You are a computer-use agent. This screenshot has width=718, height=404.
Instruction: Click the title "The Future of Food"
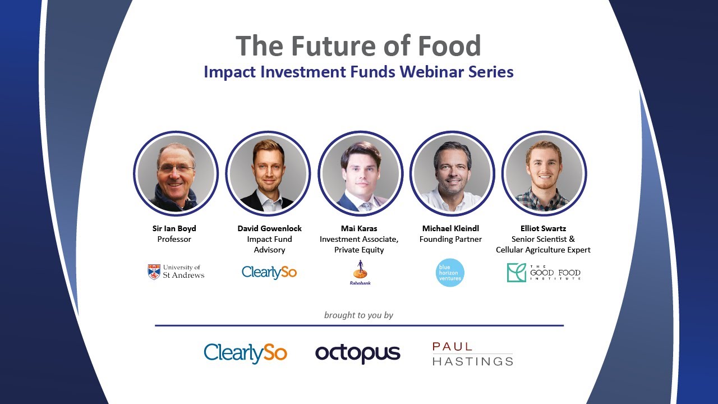(x=358, y=46)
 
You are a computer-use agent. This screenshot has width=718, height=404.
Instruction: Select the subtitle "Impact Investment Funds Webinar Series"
(x=358, y=72)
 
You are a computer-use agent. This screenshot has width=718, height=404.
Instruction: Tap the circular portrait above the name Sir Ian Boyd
(x=176, y=173)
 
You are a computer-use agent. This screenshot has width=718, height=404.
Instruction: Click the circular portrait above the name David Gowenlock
(x=268, y=173)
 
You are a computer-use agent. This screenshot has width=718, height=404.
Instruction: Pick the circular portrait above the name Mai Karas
(x=360, y=173)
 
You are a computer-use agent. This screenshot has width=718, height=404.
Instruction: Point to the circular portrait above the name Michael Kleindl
(x=452, y=173)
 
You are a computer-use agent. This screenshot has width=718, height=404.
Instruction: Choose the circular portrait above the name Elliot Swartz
(x=544, y=173)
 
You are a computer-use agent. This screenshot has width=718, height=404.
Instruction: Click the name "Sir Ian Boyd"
(x=174, y=228)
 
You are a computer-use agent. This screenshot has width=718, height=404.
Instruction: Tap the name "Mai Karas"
(x=359, y=228)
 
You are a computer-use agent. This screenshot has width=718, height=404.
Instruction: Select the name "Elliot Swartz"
(x=543, y=228)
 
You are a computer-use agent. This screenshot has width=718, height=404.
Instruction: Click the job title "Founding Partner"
(x=450, y=239)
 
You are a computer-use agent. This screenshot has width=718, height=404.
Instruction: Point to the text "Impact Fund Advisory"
(x=269, y=245)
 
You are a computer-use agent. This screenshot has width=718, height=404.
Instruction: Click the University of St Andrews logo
(x=176, y=272)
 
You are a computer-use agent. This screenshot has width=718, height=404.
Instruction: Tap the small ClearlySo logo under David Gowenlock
(x=269, y=272)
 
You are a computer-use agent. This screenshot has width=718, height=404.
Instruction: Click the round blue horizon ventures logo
(x=450, y=272)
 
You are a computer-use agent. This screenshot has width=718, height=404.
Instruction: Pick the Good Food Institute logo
(x=544, y=273)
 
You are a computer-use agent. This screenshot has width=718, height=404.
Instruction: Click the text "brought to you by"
(x=358, y=315)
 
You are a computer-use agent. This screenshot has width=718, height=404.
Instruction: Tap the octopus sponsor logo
(x=358, y=353)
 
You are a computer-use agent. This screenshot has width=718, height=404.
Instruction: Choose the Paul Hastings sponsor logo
(x=472, y=354)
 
